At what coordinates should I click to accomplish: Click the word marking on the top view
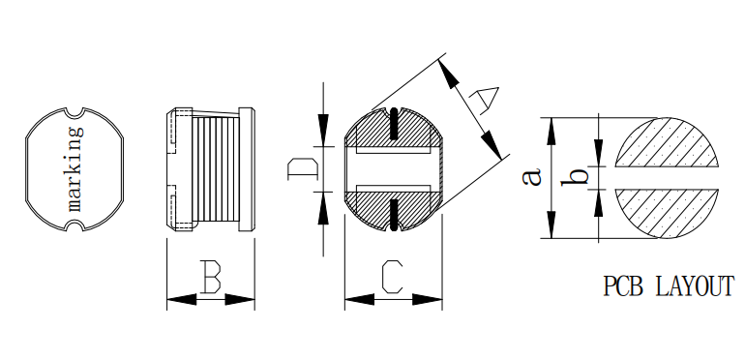click(75, 169)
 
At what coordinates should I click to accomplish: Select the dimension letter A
click(484, 100)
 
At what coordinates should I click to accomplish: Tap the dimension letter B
click(211, 277)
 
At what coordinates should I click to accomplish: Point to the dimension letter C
click(393, 277)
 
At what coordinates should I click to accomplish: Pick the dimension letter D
click(303, 169)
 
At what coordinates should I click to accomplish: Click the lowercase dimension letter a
click(532, 177)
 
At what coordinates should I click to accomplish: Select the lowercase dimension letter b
click(574, 177)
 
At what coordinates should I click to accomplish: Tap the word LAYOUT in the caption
click(695, 286)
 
